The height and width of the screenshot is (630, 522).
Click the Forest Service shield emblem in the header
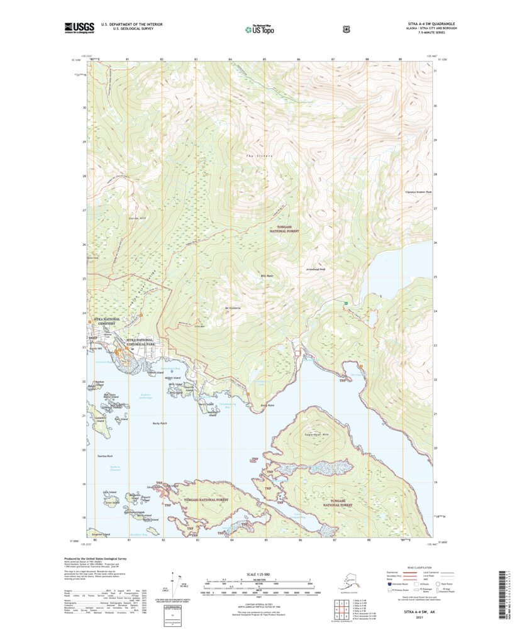(345, 28)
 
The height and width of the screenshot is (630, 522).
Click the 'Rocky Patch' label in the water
(160, 423)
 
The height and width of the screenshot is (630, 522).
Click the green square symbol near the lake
(345, 304)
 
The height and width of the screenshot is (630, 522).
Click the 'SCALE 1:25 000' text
(260, 573)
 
